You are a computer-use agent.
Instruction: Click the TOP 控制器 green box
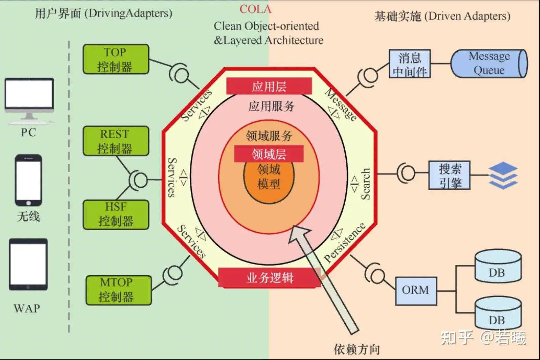tap(116, 59)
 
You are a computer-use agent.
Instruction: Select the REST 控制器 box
tap(116, 141)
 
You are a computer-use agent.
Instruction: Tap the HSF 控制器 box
tap(116, 215)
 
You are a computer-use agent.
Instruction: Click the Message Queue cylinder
tap(489, 63)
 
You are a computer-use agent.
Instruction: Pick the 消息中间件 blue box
tap(410, 63)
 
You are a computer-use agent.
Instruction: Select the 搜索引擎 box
tap(449, 175)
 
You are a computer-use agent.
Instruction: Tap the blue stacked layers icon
tap(503, 175)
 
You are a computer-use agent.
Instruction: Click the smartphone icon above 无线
tap(29, 180)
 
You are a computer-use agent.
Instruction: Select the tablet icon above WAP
tap(28, 264)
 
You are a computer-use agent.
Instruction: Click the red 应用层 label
tap(269, 86)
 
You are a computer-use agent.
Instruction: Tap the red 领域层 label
tap(269, 154)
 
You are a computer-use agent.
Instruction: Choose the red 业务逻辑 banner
tap(269, 278)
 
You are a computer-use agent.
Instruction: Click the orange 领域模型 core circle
tap(269, 183)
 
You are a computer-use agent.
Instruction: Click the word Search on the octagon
tap(365, 184)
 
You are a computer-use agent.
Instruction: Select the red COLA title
tap(255, 9)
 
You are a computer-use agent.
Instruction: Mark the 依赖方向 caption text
tap(356, 349)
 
